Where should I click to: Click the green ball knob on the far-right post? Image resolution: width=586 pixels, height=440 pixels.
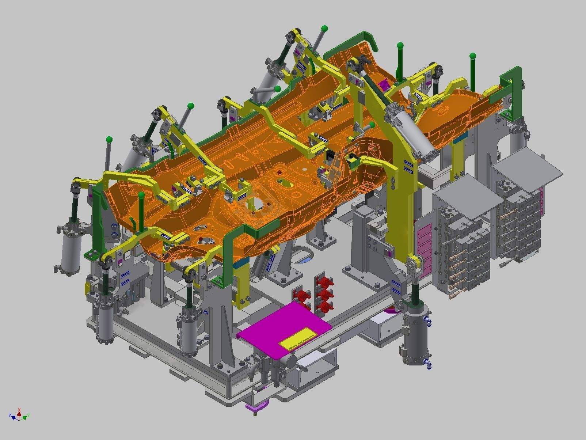[x=473, y=56]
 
